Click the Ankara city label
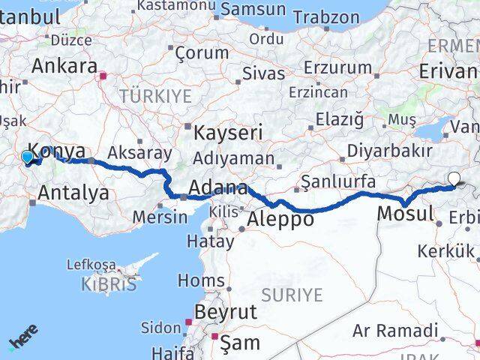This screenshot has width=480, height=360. [x=63, y=65]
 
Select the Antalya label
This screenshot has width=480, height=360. [x=73, y=193]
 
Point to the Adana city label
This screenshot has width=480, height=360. [x=217, y=187]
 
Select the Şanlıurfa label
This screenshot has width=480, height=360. [x=337, y=181]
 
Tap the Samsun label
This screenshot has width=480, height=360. [x=253, y=10]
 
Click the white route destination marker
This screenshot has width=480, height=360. [x=454, y=178]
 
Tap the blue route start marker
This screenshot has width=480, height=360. [x=28, y=157]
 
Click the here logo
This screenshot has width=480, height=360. [x=23, y=336]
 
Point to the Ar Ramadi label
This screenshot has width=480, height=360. [x=395, y=330]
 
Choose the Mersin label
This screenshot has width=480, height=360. [x=159, y=217]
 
